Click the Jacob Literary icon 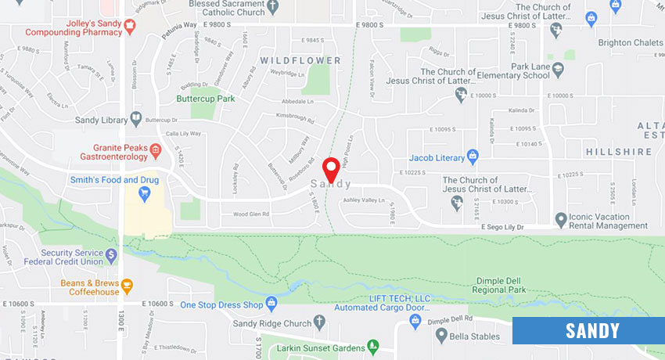pos(473,156)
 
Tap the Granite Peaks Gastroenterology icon pos(156,149)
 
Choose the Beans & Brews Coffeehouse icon pos(126,283)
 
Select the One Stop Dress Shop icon pos(271,303)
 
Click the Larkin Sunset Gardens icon pos(373,346)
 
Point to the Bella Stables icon pos(442,337)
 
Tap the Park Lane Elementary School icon pos(558,69)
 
